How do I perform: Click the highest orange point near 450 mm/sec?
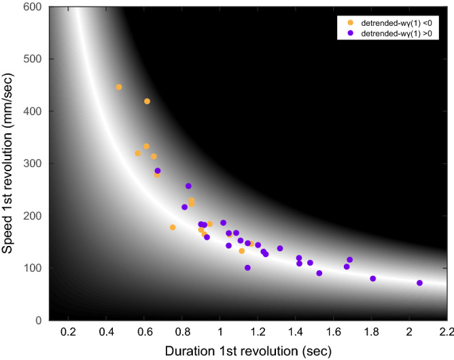pos(119,87)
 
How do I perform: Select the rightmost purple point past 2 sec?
pos(419,283)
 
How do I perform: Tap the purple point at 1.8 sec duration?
pos(372,278)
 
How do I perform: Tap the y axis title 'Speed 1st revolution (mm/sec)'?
pos(13,163)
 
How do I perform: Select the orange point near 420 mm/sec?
pos(147,101)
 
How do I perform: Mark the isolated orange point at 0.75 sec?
pos(173,228)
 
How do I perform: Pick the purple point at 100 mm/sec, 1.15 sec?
pos(247,268)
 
